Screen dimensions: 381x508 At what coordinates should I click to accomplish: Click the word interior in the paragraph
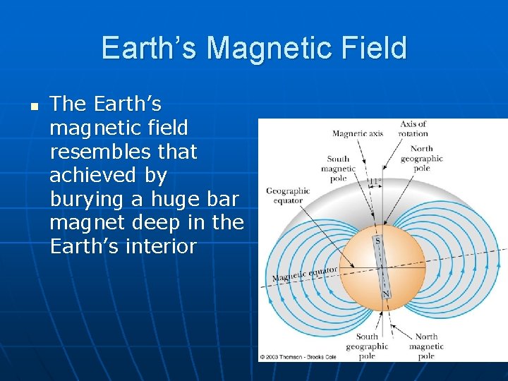161,247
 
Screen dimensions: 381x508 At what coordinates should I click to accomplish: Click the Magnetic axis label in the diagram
357,134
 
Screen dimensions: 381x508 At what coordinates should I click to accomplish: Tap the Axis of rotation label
413,128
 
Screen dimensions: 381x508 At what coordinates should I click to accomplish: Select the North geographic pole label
422,159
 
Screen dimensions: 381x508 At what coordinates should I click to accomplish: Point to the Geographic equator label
287,195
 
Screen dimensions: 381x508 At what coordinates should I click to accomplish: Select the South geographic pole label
366,346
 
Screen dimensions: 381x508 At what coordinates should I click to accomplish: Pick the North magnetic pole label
426,346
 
